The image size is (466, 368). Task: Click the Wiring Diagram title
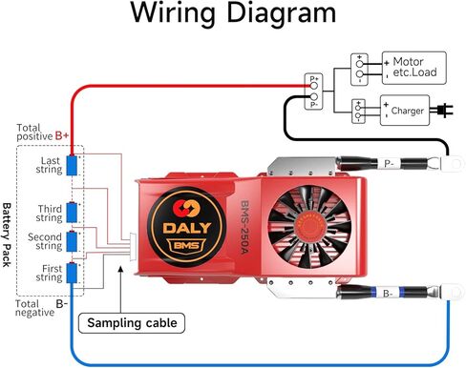click(x=232, y=15)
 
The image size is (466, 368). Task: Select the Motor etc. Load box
click(x=413, y=66)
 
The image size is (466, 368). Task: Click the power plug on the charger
click(x=441, y=111)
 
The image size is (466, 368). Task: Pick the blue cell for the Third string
click(x=72, y=211)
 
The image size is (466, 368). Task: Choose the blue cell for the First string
click(x=72, y=275)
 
